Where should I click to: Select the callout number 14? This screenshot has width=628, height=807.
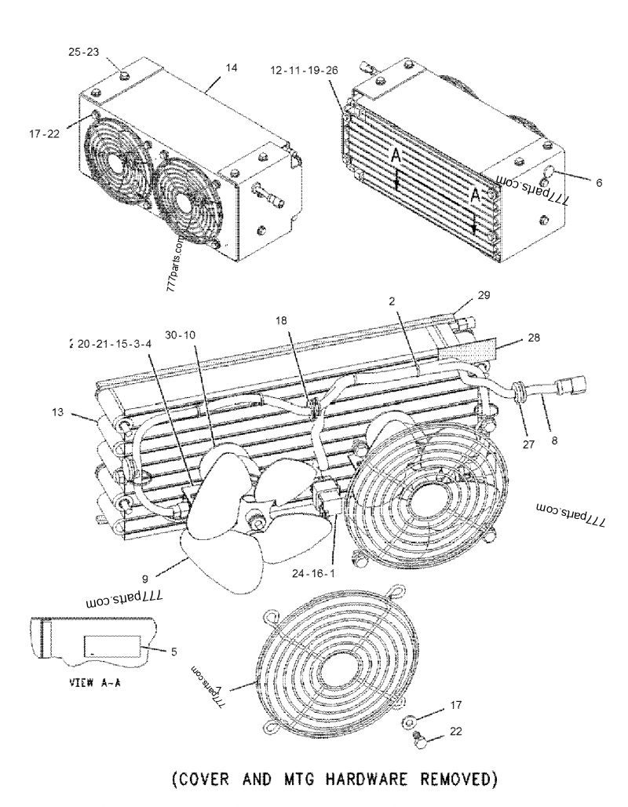(231, 68)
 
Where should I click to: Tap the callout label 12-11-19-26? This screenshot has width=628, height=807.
(304, 70)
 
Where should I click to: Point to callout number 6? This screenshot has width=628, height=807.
(599, 182)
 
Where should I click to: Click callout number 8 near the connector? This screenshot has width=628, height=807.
(554, 441)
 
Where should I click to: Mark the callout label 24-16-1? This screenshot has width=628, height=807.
(336, 572)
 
